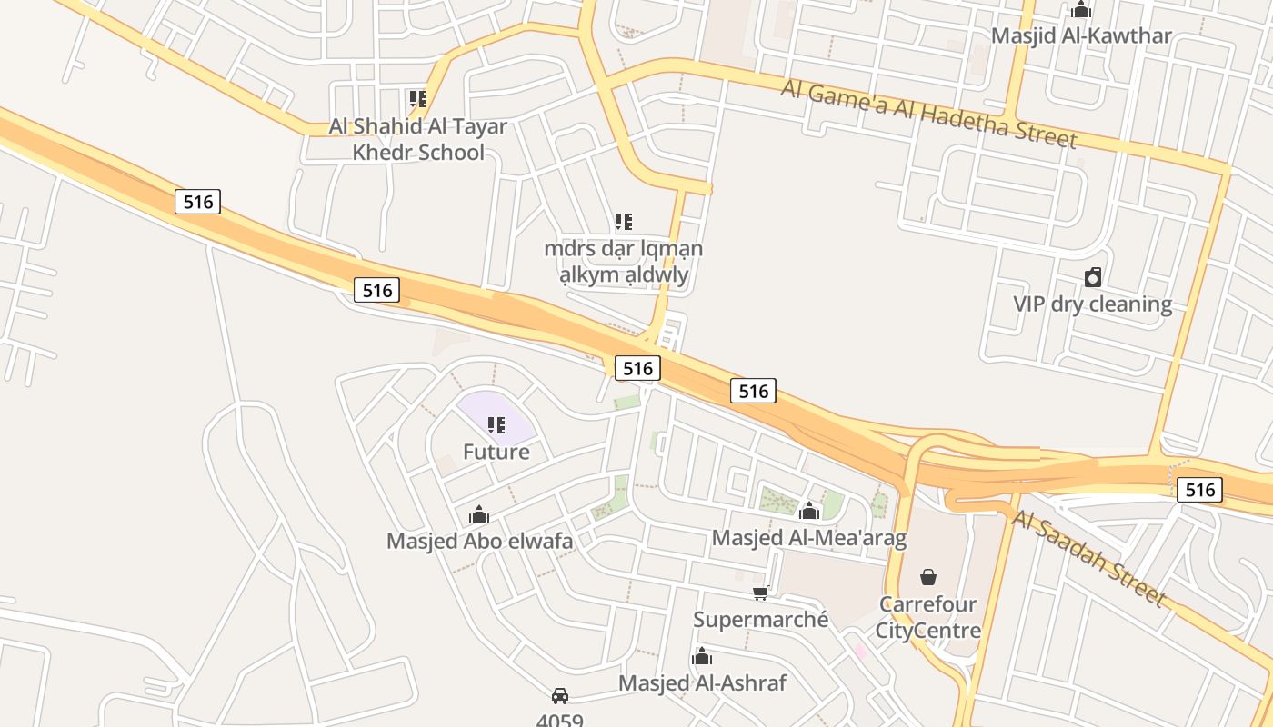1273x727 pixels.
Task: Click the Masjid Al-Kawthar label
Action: [x=1081, y=36]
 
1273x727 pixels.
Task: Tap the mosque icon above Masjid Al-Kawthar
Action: [x=1081, y=10]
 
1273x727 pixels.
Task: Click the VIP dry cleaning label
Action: [x=1092, y=304]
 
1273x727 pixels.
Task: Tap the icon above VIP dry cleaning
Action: [x=1093, y=277]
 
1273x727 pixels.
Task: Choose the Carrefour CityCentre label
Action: [x=928, y=617]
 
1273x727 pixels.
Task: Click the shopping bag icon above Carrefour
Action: [x=928, y=577]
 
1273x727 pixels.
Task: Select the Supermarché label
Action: [x=761, y=620]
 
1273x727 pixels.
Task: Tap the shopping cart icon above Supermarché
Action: [x=761, y=593]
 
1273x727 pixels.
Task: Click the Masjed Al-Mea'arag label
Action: [x=809, y=538]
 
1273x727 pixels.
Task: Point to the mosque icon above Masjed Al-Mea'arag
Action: [x=809, y=512]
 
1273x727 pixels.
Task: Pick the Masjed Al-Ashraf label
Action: [x=702, y=682]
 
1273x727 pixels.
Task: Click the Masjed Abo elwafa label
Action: [x=479, y=542]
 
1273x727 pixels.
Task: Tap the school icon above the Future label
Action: [x=496, y=424]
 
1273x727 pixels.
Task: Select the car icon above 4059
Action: [x=560, y=696]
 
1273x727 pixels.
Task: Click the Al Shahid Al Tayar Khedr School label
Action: [x=418, y=139]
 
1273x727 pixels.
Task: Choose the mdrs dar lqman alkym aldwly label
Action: [x=623, y=262]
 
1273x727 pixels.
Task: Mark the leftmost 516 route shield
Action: [x=197, y=202]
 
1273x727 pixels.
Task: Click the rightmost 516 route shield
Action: [x=1200, y=491]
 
